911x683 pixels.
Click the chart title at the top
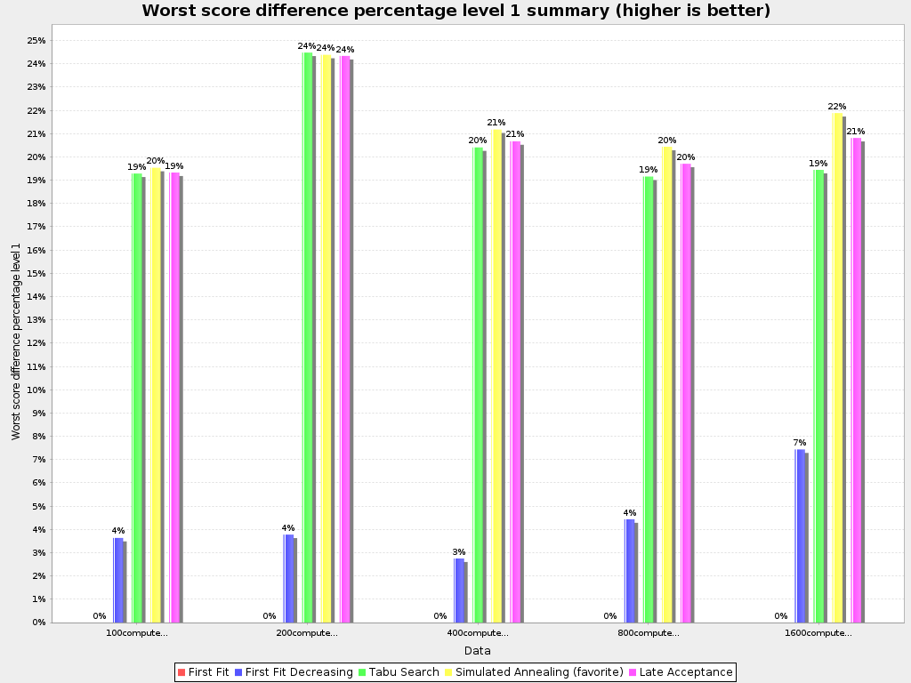click(455, 11)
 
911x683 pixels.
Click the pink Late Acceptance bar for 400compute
click(516, 382)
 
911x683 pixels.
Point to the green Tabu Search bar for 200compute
click(307, 337)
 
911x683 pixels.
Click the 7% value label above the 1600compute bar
click(799, 442)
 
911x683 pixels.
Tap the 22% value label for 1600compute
click(837, 107)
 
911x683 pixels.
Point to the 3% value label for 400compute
click(458, 551)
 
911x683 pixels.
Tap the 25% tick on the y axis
click(36, 41)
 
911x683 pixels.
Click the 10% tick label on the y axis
click(36, 390)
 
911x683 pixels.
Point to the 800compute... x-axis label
click(649, 633)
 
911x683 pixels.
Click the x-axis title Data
click(477, 651)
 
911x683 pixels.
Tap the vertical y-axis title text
click(16, 341)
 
